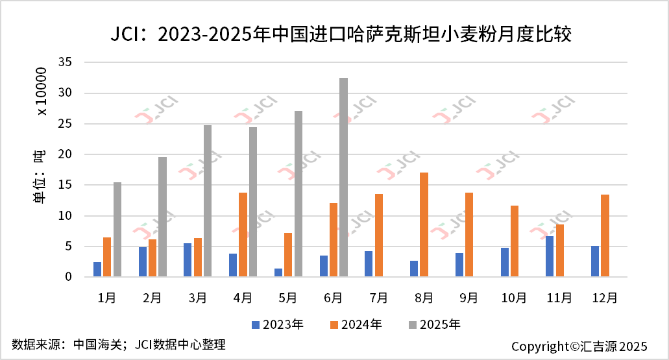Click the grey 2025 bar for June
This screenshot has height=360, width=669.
pos(343,178)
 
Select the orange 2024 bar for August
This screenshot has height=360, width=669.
pos(424,224)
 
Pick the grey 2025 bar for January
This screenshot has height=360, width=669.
pos(117,230)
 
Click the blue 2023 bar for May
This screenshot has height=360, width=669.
pos(278,272)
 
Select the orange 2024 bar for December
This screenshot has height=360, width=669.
pos(605,235)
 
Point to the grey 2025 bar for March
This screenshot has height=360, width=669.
pos(208,201)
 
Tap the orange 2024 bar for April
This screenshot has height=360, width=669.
pos(243,235)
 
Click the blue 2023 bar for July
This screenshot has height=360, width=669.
pos(369,264)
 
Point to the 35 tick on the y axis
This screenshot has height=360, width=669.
pos(64,62)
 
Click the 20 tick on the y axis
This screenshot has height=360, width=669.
pos(64,154)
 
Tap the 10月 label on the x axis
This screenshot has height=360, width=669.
pos(514,298)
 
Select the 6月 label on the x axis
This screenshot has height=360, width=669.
pos(333,298)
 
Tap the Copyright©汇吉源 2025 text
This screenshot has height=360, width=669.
pos(579,346)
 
